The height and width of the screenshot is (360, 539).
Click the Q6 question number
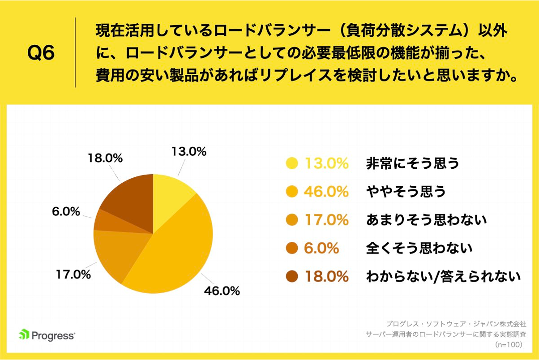[x=41, y=53]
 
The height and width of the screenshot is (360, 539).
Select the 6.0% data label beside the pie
[x=66, y=212]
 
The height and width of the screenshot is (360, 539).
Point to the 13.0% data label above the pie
[x=188, y=152]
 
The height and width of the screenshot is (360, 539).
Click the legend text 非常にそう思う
[x=412, y=163]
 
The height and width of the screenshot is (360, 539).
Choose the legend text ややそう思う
[x=406, y=192]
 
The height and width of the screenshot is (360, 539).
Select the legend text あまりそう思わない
[x=426, y=220]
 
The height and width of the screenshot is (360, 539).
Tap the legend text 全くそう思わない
[x=419, y=248]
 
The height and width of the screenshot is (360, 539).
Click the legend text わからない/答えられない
[x=443, y=276]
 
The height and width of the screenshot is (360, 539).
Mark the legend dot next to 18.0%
[x=292, y=277]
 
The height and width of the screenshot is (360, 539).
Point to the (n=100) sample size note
[x=510, y=345]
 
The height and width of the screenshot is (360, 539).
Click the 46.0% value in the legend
[x=326, y=192]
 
